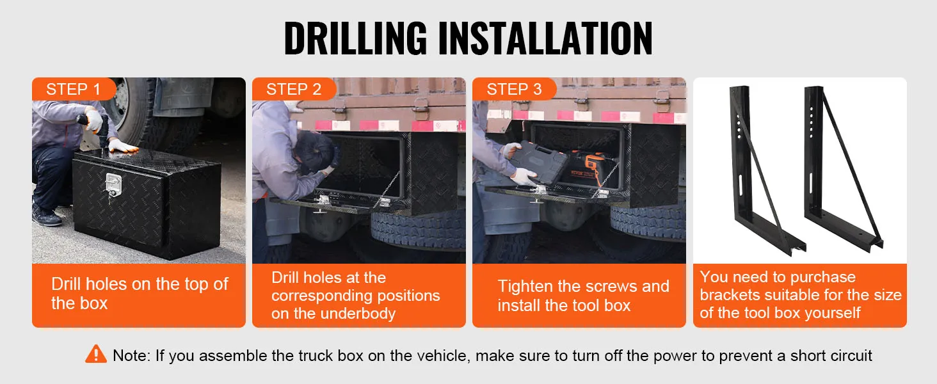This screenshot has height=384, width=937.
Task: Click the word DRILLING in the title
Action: (356, 38)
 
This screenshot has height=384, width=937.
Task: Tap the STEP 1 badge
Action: (74, 89)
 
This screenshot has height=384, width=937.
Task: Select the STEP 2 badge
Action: (294, 89)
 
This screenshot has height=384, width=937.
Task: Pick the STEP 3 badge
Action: (515, 89)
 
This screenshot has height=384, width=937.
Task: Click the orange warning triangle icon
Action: (96, 355)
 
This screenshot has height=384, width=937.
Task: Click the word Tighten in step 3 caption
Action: (525, 287)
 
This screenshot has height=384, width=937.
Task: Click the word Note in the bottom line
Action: (132, 356)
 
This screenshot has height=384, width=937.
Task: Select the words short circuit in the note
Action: (831, 356)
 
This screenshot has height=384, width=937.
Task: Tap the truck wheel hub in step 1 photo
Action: (122, 102)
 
